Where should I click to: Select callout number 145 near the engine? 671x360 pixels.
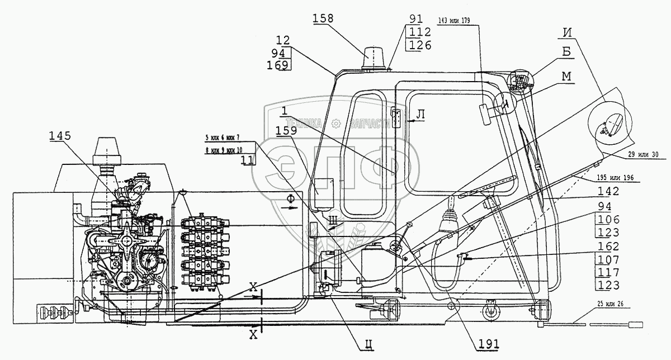pyautogui.click(x=60, y=135)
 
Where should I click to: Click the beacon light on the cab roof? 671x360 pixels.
pyautogui.click(x=373, y=58)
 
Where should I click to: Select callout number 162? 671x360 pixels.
pyautogui.click(x=608, y=247)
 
